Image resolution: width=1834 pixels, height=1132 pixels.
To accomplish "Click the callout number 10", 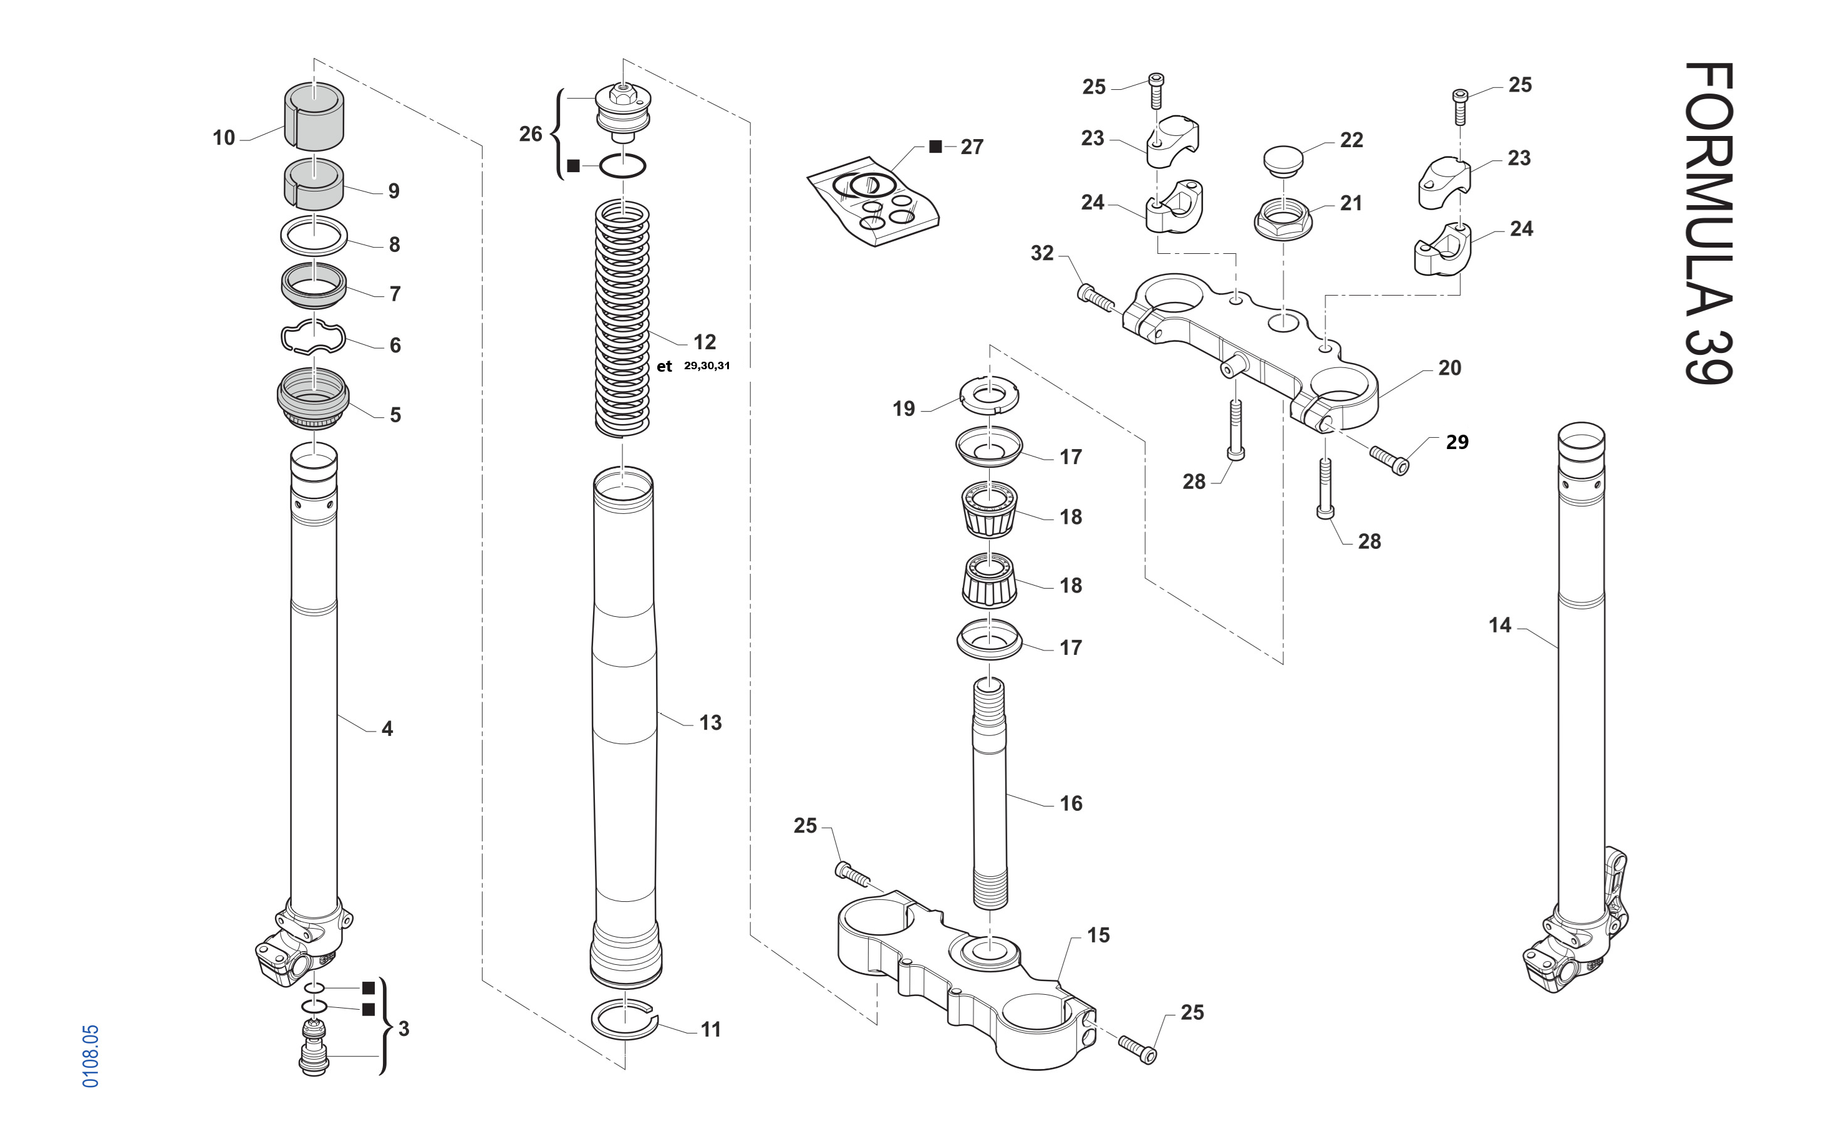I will pyautogui.click(x=223, y=138).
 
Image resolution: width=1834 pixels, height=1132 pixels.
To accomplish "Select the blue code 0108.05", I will pyautogui.click(x=90, y=1056).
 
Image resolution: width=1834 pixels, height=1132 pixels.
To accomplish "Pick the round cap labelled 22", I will pyautogui.click(x=1283, y=160).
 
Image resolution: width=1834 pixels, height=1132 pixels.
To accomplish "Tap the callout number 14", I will pyautogui.click(x=1499, y=625).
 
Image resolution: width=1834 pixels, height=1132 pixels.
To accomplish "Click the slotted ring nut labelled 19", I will pyautogui.click(x=989, y=396).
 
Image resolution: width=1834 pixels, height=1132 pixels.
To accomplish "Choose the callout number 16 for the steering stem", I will pyautogui.click(x=1071, y=803).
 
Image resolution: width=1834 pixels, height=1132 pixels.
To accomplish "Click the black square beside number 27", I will pyautogui.click(x=935, y=147).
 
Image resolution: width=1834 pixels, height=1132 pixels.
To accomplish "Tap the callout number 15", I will pyautogui.click(x=1098, y=935).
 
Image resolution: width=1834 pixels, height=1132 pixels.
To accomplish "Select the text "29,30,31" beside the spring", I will pyautogui.click(x=707, y=365).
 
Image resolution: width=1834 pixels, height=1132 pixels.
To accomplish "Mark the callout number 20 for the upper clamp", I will pyautogui.click(x=1449, y=367).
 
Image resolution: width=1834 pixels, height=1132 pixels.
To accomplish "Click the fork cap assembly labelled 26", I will pyautogui.click(x=623, y=112).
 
